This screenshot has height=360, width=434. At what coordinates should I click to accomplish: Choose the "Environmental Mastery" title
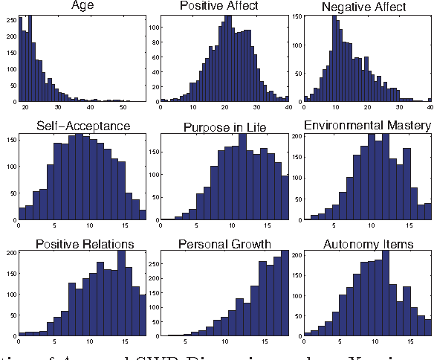tap(368, 126)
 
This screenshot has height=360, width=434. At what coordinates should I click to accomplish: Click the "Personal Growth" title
tap(222, 243)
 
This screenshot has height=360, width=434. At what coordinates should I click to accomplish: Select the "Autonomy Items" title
tap(367, 243)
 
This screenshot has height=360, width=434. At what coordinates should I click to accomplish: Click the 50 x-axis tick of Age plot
tap(126, 108)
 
